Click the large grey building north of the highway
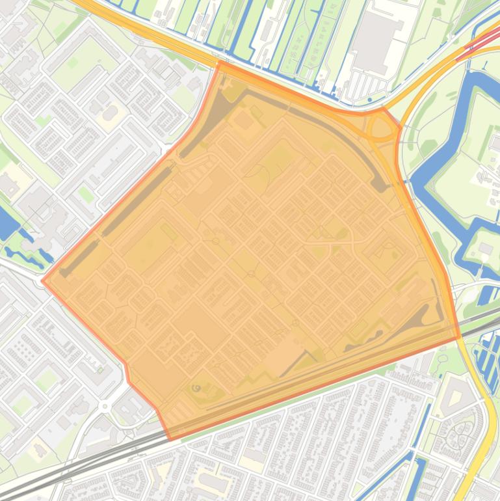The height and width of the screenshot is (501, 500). pyautogui.click(x=378, y=43)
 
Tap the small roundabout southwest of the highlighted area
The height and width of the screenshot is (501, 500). pyautogui.click(x=104, y=406)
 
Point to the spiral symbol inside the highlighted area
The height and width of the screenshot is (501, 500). pyautogui.click(x=196, y=388)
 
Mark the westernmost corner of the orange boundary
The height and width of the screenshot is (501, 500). pyautogui.click(x=43, y=281)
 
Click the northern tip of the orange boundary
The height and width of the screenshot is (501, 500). pyautogui.click(x=220, y=63)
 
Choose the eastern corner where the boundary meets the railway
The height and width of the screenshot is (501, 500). pyautogui.click(x=459, y=337)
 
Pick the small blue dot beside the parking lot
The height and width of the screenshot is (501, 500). pyautogui.click(x=370, y=100)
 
